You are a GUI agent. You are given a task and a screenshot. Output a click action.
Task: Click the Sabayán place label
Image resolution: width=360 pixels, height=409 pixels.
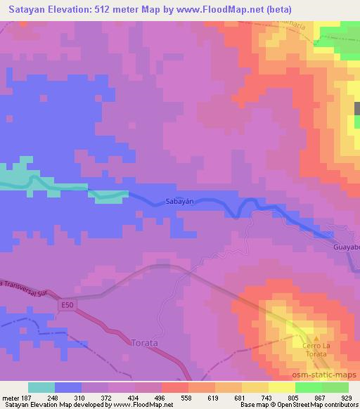pos(179,200)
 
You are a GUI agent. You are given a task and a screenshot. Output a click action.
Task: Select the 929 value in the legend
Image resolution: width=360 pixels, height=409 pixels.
pos(346,397)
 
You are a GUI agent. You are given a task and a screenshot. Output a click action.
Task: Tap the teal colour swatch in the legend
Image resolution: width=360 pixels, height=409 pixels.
pos(41,387)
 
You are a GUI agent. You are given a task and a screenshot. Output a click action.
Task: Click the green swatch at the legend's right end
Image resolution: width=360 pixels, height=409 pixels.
pos(335,387)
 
